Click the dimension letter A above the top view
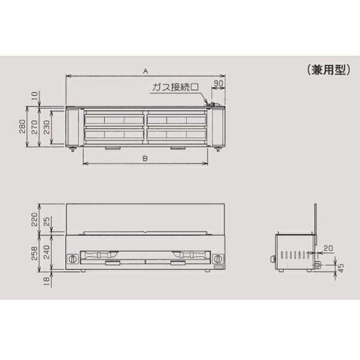click(x=146, y=71)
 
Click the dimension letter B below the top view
click(x=145, y=158)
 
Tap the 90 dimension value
click(x=218, y=83)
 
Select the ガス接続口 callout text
click(x=175, y=87)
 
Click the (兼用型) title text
click(x=329, y=70)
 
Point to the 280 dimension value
click(x=22, y=127)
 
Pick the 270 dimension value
click(x=34, y=127)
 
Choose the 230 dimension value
click(x=46, y=127)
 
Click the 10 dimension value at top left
click(x=34, y=95)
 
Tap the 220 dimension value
click(x=34, y=219)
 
